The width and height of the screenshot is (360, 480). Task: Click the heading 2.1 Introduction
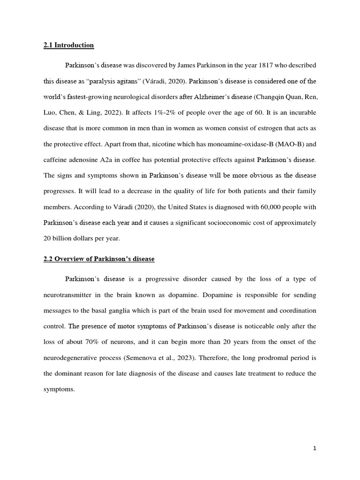69,45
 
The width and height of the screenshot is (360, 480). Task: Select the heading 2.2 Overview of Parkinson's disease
99,259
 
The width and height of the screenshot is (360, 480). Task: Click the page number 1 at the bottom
315,448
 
